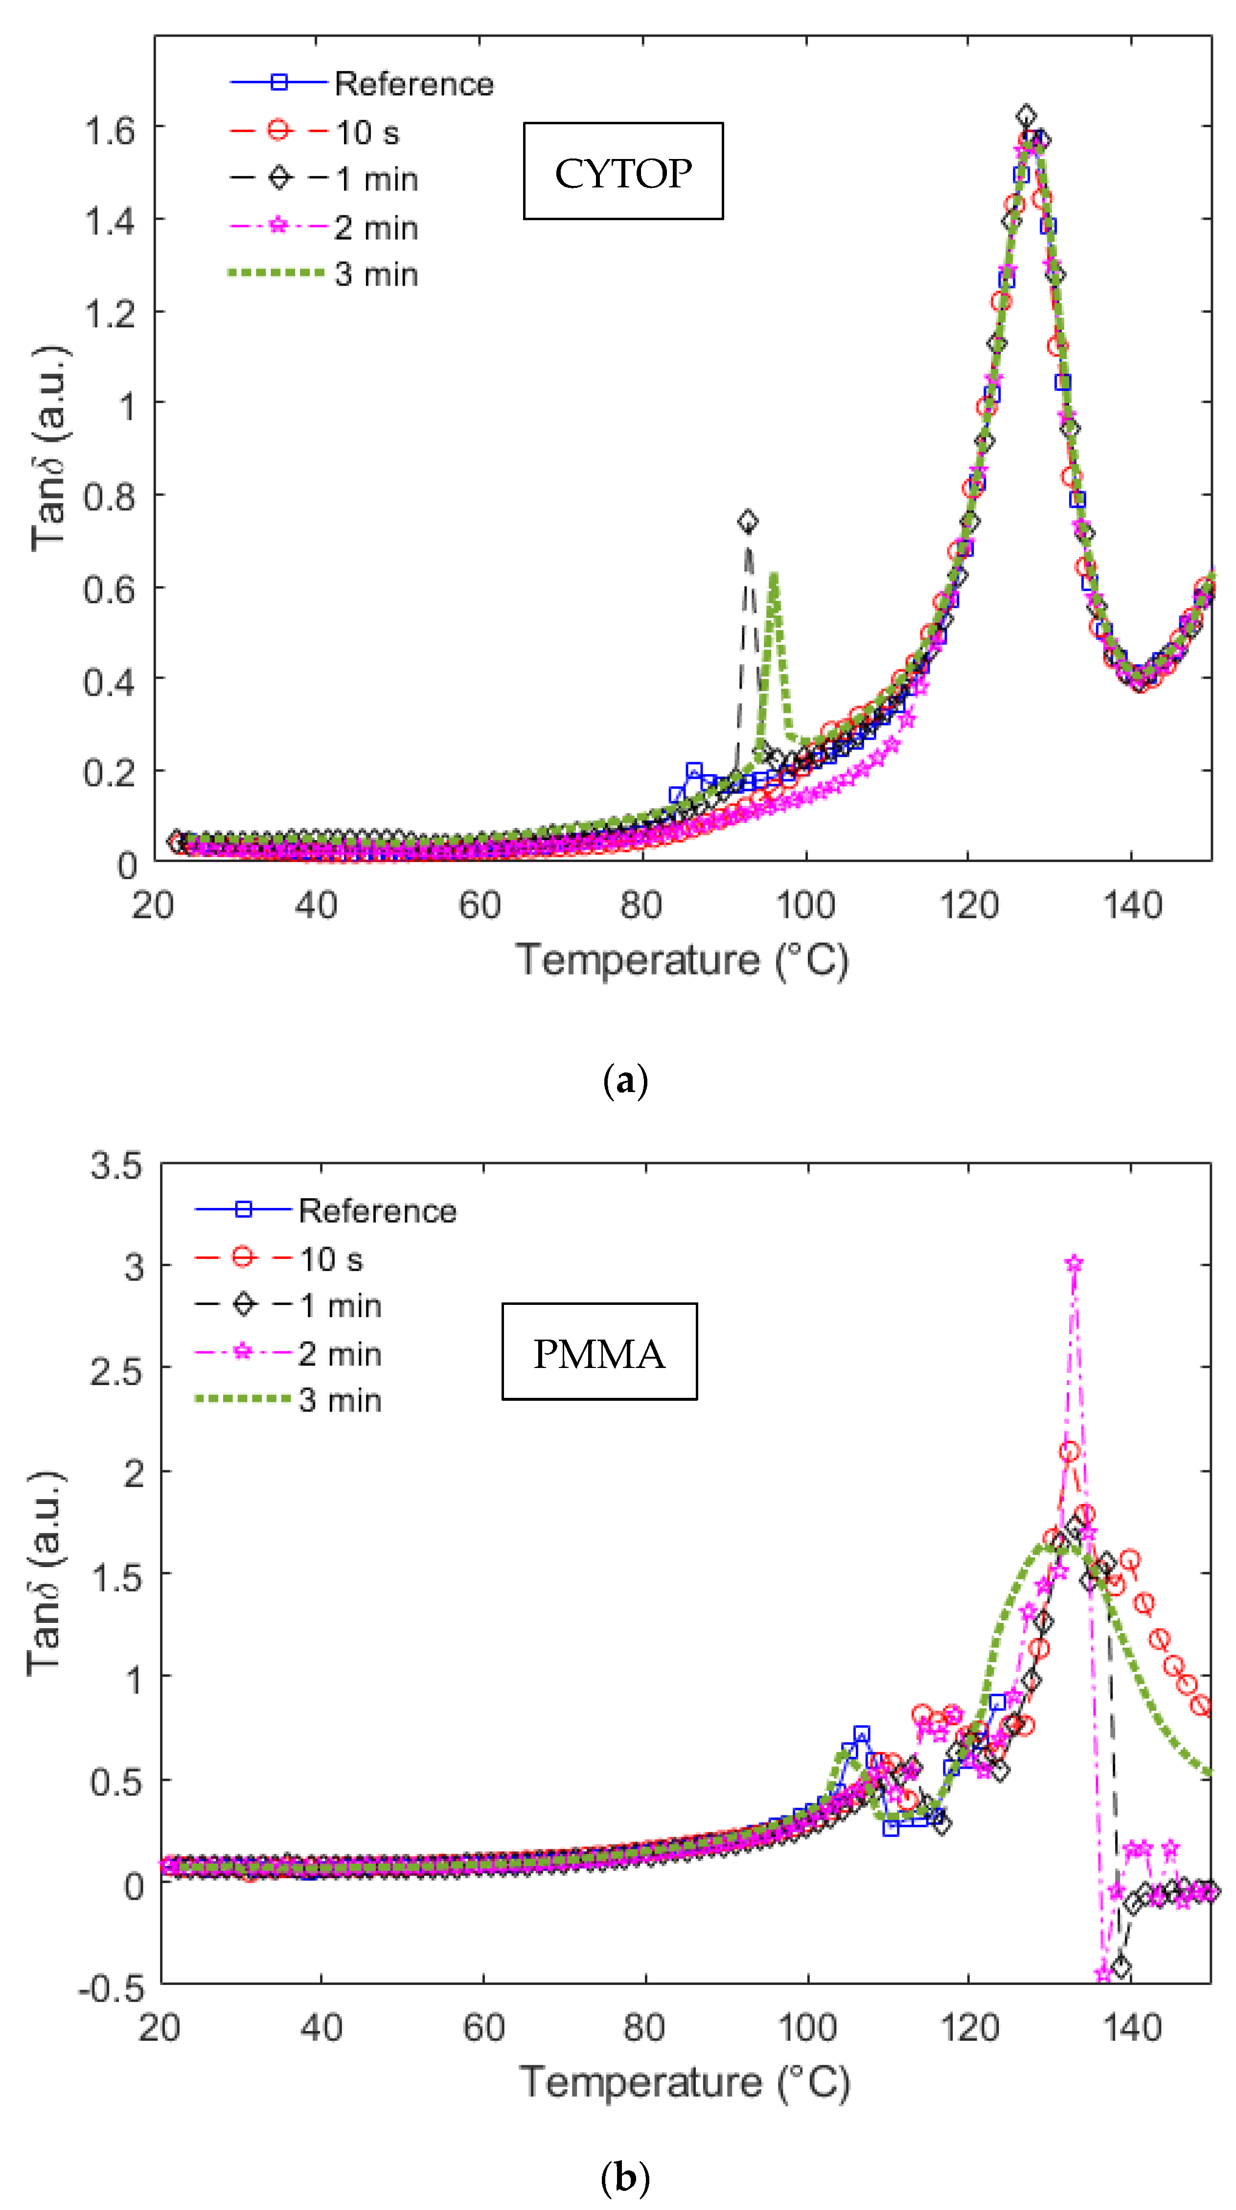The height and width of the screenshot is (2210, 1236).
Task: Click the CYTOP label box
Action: click(623, 172)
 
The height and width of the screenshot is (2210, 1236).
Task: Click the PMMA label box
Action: click(599, 1353)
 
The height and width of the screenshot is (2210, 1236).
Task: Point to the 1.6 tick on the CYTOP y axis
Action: click(110, 131)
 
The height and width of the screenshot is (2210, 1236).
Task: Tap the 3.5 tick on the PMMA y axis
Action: click(116, 1166)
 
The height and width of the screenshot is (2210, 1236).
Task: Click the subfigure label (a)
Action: click(625, 1080)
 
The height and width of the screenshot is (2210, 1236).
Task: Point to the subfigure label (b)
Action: click(625, 2177)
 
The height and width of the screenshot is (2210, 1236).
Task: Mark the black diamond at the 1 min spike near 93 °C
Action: click(748, 521)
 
